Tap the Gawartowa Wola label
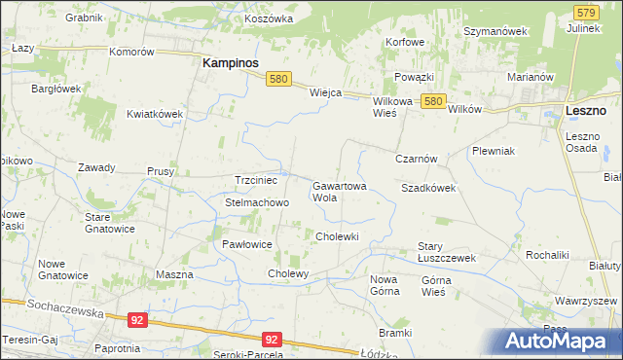tap(338, 191)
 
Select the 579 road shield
tap(585, 12)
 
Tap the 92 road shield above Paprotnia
tap(137, 319)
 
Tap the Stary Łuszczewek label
tap(446, 252)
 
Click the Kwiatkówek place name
tap(155, 114)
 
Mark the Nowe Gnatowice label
tap(62, 270)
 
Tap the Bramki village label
tap(396, 333)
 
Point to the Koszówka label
tap(270, 18)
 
